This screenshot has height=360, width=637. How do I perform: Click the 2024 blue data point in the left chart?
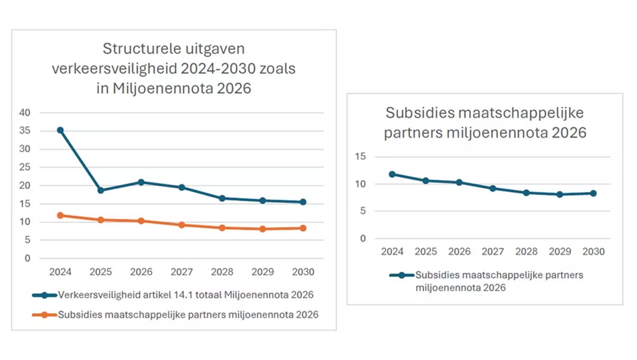point(60,130)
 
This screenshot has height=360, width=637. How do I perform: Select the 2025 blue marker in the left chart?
point(101,190)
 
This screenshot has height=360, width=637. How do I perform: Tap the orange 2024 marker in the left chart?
point(60,215)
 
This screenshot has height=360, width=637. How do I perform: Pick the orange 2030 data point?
point(303,228)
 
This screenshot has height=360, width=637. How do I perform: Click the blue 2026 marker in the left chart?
point(141,182)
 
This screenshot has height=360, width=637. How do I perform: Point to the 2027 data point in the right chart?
point(493,189)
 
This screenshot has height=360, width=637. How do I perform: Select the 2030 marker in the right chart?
point(593,193)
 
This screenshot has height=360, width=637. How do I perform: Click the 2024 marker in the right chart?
point(392,174)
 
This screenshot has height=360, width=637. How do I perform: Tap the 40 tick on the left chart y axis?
point(25,113)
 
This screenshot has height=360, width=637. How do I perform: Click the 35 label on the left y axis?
point(25,131)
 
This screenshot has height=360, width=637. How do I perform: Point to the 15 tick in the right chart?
point(360,157)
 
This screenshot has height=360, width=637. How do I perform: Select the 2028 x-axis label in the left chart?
point(222,272)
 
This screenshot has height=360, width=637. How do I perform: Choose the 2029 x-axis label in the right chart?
point(560,251)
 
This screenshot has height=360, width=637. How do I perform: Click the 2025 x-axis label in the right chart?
point(426,251)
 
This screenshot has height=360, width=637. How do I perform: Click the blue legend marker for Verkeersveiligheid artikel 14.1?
point(44,295)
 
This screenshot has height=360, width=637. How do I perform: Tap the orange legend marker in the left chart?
point(44,315)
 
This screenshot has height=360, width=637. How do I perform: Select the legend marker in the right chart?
point(401,275)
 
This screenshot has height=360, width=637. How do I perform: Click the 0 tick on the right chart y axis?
point(363,238)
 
